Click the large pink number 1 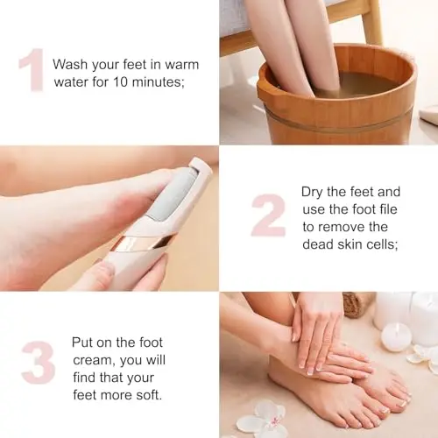pyautogui.click(x=32, y=70)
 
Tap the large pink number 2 pyautogui.click(x=268, y=215)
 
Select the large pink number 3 pyautogui.click(x=39, y=362)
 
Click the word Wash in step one pyautogui.click(x=70, y=65)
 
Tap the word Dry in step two pyautogui.click(x=313, y=193)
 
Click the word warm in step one pyautogui.click(x=181, y=65)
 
